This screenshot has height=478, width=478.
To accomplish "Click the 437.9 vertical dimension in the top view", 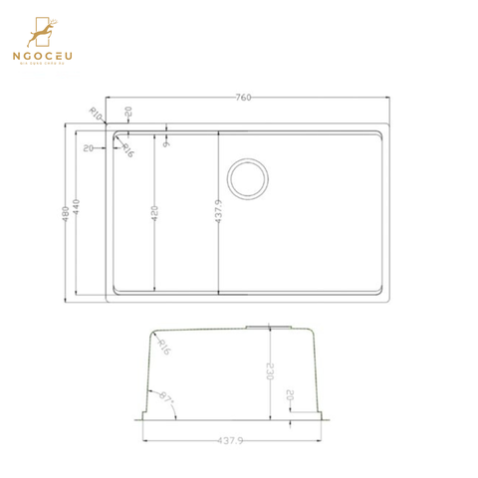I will point(216,211).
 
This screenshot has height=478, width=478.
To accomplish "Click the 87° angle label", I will point(165,398).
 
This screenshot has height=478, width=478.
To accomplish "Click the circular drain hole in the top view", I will point(247,178).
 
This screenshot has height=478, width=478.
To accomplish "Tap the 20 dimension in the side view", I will point(290,395).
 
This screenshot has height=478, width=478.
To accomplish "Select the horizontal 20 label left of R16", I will point(89,148).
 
